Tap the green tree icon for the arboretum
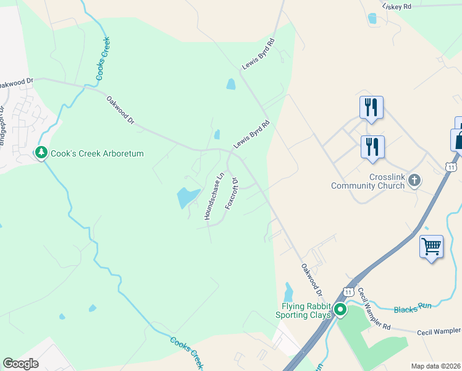click(x=41, y=152)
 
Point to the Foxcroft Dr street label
click(x=232, y=194)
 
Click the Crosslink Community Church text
click(x=370, y=181)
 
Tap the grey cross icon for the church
click(x=414, y=181)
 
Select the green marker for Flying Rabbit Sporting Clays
click(x=340, y=310)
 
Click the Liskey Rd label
click(x=397, y=6)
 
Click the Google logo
click(x=20, y=364)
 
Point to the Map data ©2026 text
click(x=435, y=366)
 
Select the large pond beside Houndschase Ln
click(x=187, y=197)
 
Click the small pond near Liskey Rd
click(x=372, y=19)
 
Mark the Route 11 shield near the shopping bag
click(x=451, y=167)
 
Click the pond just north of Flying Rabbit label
click(x=288, y=289)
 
